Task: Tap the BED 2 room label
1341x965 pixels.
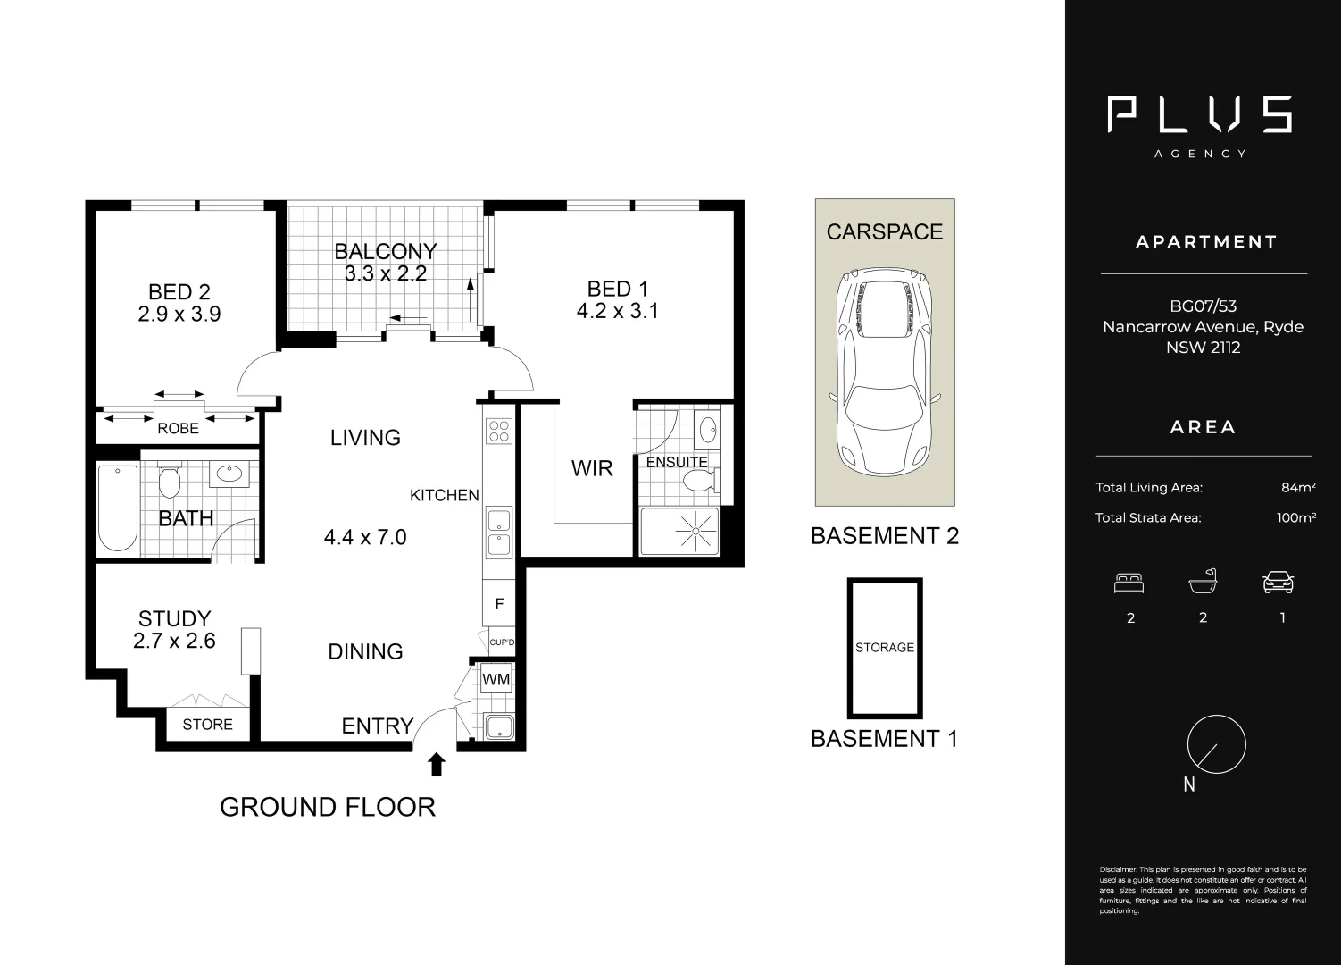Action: [179, 292]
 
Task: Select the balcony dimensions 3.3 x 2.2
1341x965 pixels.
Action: [385, 274]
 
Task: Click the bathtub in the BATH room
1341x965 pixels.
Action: [118, 508]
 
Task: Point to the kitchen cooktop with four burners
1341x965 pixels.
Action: [498, 432]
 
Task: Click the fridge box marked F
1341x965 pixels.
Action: [499, 604]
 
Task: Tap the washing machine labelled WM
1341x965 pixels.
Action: [496, 679]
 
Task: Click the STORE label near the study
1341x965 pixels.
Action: [207, 725]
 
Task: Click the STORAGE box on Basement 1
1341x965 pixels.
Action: [885, 647]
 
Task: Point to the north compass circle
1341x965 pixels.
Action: [1216, 744]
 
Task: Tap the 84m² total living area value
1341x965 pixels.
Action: [1297, 488]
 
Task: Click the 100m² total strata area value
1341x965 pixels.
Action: [1295, 517]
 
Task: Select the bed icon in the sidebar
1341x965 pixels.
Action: [1129, 583]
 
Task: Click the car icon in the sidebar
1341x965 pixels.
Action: [1278, 583]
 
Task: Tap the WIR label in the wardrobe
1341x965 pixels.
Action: [591, 468]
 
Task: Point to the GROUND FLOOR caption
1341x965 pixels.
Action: [328, 807]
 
